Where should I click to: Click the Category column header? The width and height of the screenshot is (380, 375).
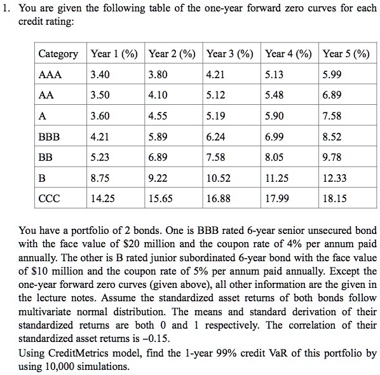click(x=58, y=54)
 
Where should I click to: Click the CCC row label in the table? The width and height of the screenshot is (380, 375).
click(x=50, y=198)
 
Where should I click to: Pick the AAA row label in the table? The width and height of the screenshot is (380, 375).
click(x=50, y=74)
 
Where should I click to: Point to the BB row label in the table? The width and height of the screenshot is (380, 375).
click(x=46, y=156)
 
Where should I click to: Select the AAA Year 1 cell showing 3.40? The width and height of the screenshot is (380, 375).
click(x=100, y=74)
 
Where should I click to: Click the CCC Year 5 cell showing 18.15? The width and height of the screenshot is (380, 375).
click(x=335, y=198)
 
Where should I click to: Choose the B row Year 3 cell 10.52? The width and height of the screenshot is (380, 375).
click(x=219, y=177)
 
